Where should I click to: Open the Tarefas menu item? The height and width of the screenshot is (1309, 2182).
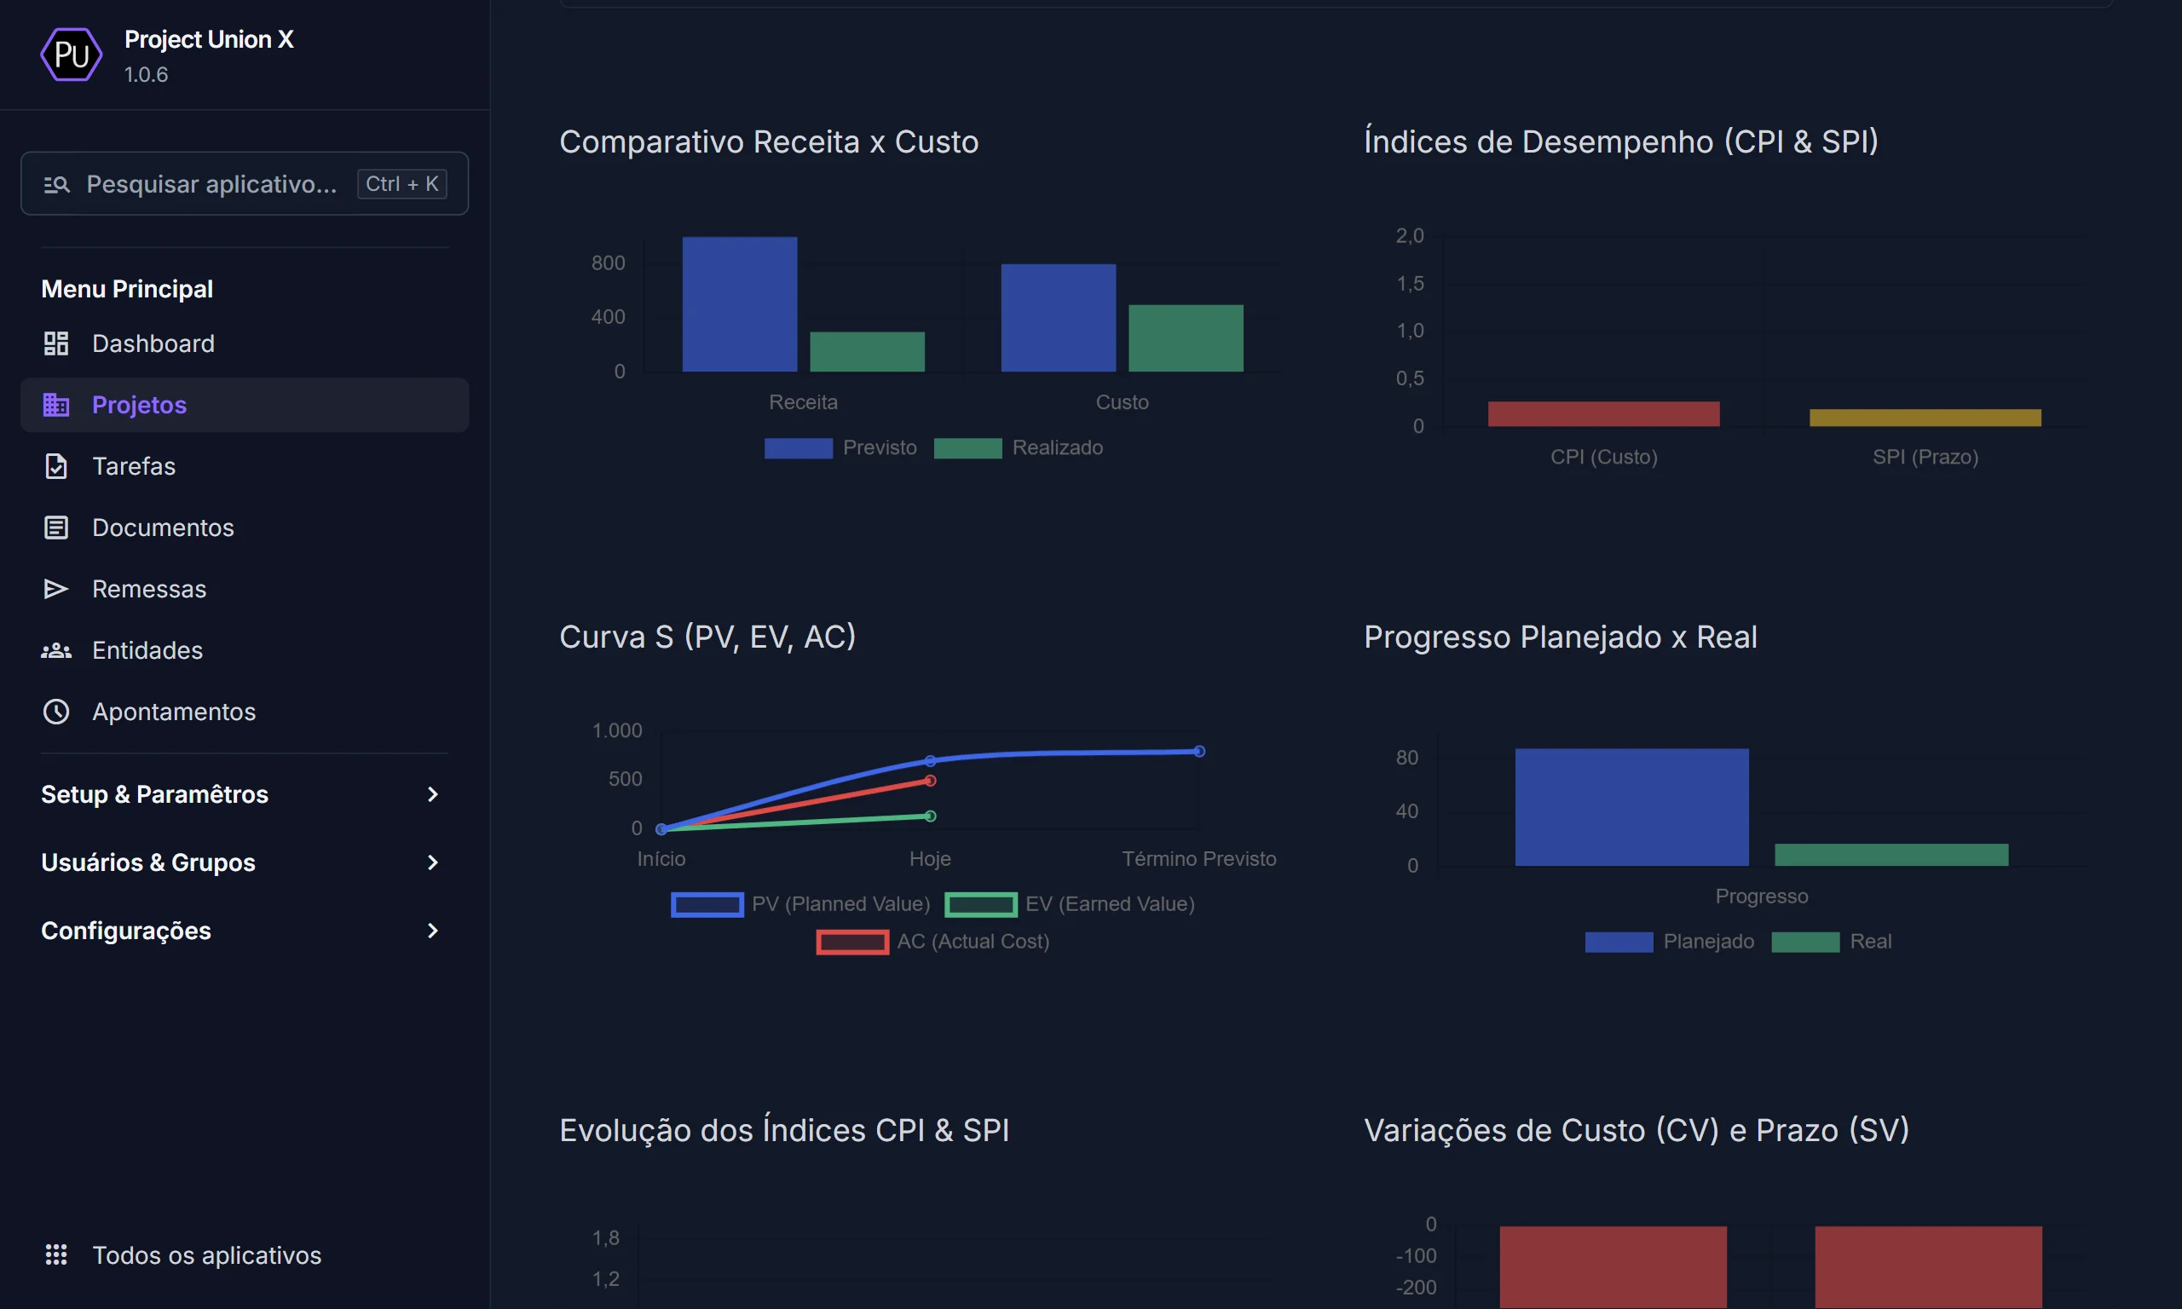click(133, 466)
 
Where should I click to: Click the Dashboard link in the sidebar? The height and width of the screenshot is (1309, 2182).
click(153, 343)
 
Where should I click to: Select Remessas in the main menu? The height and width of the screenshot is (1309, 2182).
click(148, 588)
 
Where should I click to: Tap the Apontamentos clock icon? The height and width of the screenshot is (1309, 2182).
click(56, 711)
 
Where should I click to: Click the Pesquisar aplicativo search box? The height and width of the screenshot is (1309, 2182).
click(211, 183)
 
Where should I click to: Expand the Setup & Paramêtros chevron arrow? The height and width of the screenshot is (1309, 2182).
click(432, 794)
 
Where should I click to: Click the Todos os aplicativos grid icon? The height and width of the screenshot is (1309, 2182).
click(56, 1254)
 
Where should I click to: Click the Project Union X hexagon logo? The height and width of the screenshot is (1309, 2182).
click(72, 55)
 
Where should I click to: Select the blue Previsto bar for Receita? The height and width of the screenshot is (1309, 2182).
click(739, 303)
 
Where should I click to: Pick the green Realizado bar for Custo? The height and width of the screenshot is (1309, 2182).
click(1186, 337)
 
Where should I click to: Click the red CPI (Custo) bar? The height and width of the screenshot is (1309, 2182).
click(1602, 413)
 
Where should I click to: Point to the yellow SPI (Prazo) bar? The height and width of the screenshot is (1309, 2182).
click(1925, 418)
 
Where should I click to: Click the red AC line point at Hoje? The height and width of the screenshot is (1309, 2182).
click(930, 781)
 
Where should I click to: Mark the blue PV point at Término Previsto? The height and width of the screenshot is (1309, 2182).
click(1198, 752)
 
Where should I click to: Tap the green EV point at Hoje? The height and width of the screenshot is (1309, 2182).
click(930, 816)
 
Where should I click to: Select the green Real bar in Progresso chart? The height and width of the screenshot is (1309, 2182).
click(1891, 854)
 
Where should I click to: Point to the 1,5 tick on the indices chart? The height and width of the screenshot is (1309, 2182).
click(1410, 283)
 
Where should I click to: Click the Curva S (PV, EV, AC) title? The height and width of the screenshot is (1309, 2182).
click(707, 636)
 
